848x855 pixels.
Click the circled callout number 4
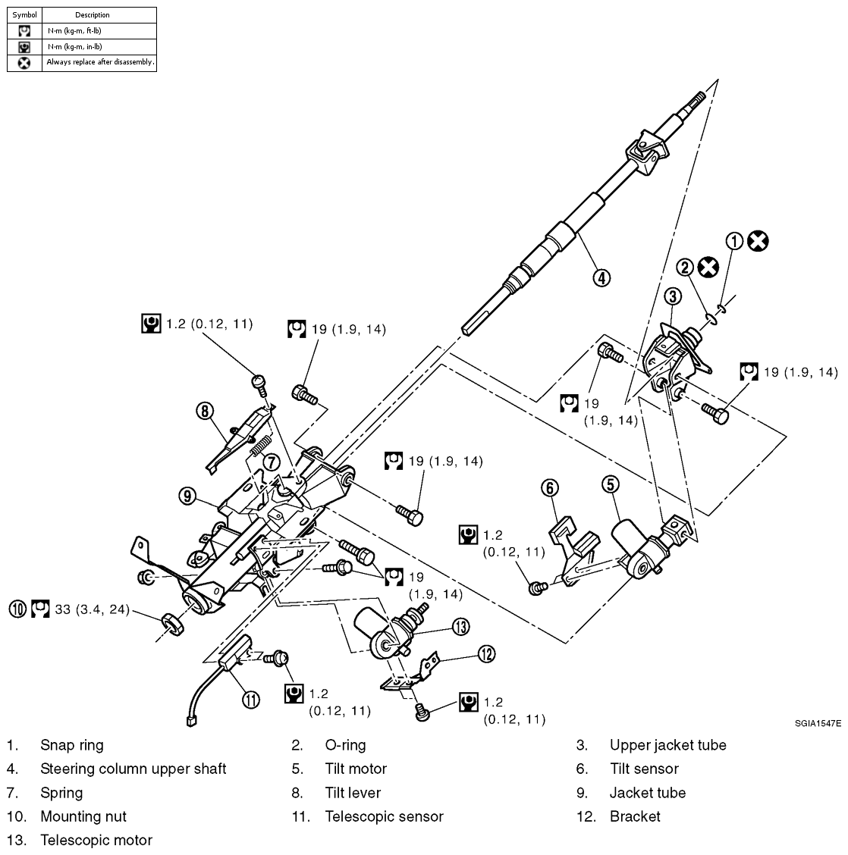tap(600, 277)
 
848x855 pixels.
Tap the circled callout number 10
tap(17, 609)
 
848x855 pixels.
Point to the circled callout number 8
tap(203, 412)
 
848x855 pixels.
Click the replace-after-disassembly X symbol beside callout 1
tap(757, 241)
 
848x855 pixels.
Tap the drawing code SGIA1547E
tap(818, 724)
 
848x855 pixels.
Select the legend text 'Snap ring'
tap(72, 745)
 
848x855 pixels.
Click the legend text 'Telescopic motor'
tap(96, 840)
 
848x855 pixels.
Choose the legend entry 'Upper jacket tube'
tap(667, 745)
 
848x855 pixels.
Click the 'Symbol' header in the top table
tap(24, 14)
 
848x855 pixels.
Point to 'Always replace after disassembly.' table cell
tap(100, 62)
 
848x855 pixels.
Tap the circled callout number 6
tap(550, 486)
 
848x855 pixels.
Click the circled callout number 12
tap(486, 654)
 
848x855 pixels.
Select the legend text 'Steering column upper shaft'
tap(133, 769)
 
